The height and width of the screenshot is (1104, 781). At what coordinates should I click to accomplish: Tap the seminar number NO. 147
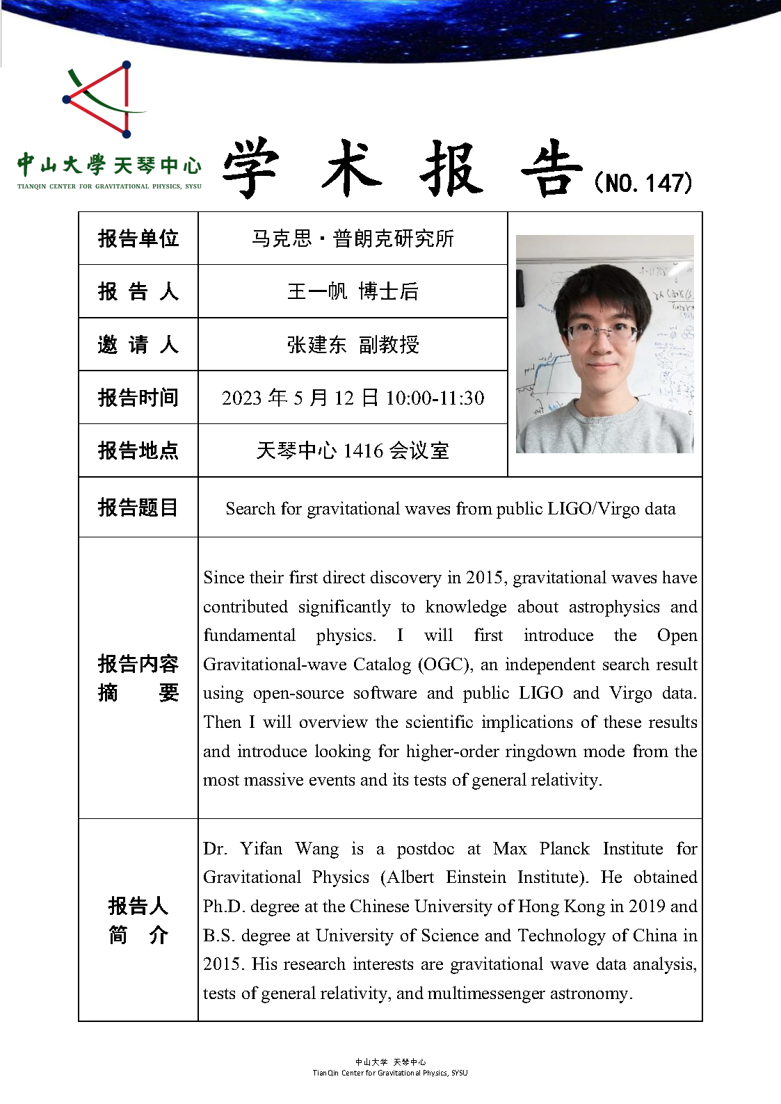click(644, 183)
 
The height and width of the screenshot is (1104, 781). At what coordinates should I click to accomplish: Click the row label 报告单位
click(138, 238)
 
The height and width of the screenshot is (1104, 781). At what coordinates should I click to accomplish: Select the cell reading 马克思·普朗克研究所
click(353, 238)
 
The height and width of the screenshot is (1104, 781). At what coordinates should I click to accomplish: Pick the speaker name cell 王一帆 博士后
click(353, 291)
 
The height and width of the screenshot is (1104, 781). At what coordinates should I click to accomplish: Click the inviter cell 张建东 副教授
click(353, 344)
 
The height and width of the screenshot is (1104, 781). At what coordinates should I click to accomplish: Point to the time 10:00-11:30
click(435, 398)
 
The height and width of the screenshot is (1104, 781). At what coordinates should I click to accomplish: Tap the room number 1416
click(363, 450)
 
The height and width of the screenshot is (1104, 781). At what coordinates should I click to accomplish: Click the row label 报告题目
click(138, 508)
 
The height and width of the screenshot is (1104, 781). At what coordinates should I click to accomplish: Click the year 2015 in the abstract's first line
click(485, 578)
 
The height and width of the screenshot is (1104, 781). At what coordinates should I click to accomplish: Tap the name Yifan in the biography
click(261, 849)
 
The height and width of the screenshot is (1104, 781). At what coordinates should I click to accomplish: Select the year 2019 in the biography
click(647, 907)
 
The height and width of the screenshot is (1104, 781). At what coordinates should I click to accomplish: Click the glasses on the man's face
click(602, 333)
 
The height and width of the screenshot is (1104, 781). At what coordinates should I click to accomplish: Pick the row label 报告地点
click(138, 450)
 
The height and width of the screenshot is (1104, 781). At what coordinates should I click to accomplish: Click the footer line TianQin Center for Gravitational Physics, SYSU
click(390, 1073)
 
